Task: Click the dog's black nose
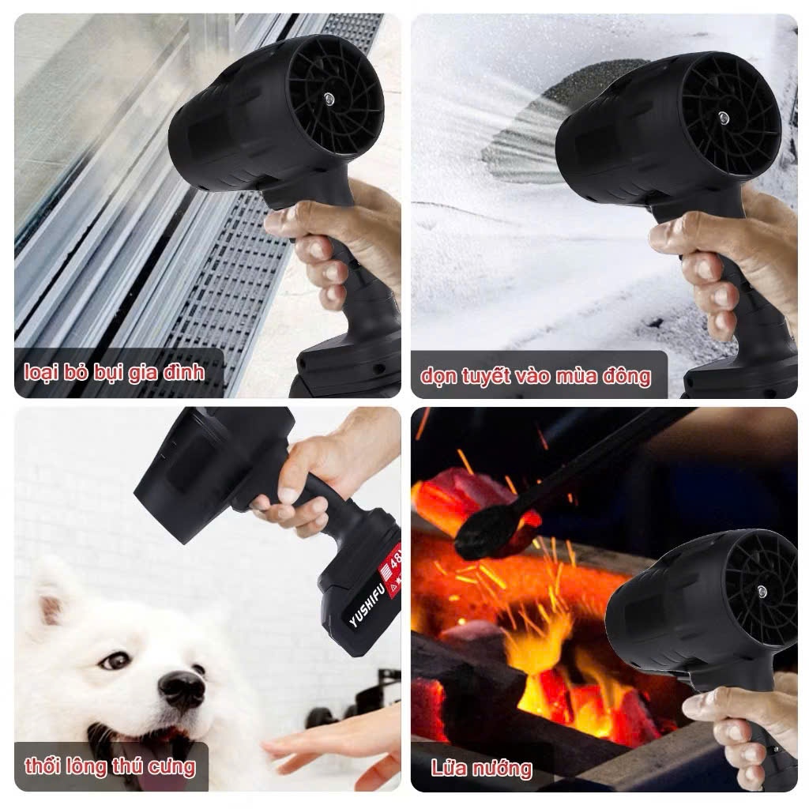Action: tap(182, 689)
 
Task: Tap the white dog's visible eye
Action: tap(115, 660)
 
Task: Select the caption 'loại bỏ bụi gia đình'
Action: tap(114, 373)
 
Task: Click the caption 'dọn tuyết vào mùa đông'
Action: tap(535, 376)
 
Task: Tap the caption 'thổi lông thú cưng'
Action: tap(110, 766)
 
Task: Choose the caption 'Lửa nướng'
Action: tap(481, 768)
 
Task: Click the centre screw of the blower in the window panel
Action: tap(329, 96)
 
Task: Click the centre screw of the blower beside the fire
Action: tap(762, 590)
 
